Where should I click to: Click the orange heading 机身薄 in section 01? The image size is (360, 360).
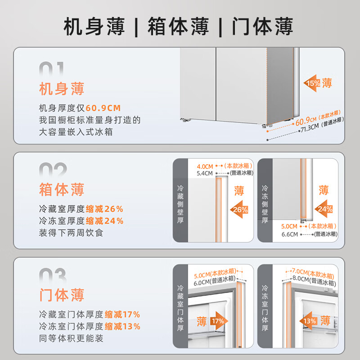click(62, 88)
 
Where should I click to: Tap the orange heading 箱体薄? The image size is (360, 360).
click(62, 189)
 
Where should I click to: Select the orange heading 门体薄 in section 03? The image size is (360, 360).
click(62, 295)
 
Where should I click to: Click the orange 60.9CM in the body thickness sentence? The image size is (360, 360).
click(103, 108)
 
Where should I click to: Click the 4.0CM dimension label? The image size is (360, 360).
click(204, 166)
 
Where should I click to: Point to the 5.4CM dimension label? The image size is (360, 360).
click(204, 173)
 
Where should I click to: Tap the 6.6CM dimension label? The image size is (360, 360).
click(290, 234)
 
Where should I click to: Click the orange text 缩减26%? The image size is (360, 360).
click(104, 209)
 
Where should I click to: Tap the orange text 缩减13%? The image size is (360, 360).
click(122, 326)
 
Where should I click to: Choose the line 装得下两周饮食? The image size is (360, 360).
click(71, 233)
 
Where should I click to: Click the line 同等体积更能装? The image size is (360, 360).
click(71, 338)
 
